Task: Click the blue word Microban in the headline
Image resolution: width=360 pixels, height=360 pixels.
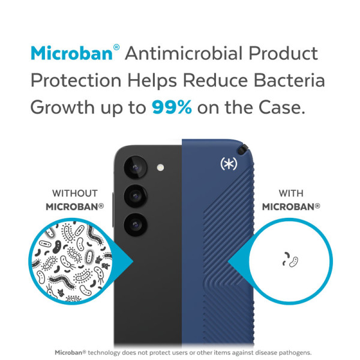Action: tap(71, 53)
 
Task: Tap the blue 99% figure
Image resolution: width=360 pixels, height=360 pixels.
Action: tap(172, 107)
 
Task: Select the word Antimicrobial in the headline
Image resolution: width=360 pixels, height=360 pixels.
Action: tap(184, 53)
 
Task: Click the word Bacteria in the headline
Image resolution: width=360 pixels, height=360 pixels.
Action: tap(289, 80)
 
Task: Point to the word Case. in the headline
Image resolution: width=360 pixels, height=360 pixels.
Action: tap(282, 107)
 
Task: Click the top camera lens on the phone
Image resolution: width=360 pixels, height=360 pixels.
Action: tap(136, 167)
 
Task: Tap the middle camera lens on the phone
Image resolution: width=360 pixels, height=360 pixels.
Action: tap(136, 196)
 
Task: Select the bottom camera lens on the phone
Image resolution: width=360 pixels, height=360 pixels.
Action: tap(136, 224)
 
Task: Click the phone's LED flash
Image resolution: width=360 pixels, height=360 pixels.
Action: tap(160, 167)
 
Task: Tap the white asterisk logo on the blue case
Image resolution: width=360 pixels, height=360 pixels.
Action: tap(229, 164)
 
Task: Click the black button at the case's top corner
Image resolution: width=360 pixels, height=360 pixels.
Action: tap(243, 149)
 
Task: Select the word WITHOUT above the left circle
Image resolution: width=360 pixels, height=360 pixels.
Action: tap(75, 193)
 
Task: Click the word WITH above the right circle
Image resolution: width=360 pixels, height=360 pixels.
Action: tap(291, 193)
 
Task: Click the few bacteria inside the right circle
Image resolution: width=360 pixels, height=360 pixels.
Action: tap(290, 260)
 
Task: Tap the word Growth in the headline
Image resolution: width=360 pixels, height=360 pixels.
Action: tap(62, 107)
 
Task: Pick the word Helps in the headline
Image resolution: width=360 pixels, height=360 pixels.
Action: tap(152, 80)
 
